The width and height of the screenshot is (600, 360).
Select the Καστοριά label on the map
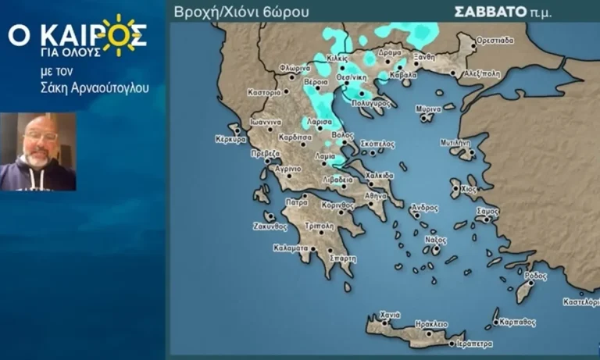pos(264,92)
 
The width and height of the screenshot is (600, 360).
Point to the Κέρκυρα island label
pos(230,140)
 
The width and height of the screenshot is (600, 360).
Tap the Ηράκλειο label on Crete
pos(430,323)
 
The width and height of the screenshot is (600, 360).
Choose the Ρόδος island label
pos(536,276)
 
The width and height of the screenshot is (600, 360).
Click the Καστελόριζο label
pos(580,301)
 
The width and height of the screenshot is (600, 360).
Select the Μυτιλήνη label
pos(455,144)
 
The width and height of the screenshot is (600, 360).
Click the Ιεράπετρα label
pos(473,343)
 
